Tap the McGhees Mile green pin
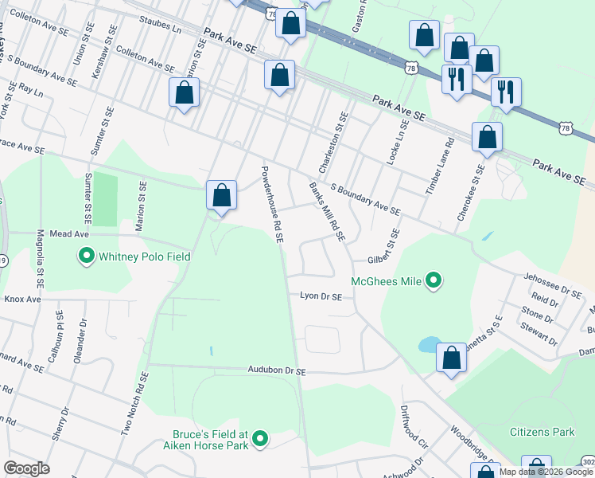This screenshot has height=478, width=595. pyautogui.click(x=434, y=280)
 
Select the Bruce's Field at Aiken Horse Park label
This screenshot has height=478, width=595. pyautogui.click(x=211, y=439)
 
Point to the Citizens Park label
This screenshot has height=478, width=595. pyautogui.click(x=542, y=432)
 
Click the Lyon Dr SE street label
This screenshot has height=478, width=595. pyautogui.click(x=321, y=296)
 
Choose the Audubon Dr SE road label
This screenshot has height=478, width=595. pyautogui.click(x=277, y=370)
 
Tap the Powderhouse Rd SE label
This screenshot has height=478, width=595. pyautogui.click(x=272, y=204)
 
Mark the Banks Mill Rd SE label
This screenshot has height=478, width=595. pyautogui.click(x=327, y=211)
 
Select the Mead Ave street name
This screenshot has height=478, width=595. pyautogui.click(x=67, y=235)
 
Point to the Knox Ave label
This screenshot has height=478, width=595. pyautogui.click(x=22, y=300)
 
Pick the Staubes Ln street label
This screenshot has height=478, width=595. pyautogui.click(x=160, y=22)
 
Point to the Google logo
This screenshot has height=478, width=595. pyautogui.click(x=26, y=468)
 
